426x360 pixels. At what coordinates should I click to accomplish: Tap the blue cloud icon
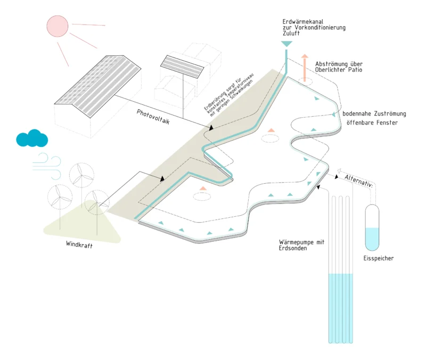32,138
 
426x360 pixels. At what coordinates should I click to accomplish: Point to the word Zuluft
292,33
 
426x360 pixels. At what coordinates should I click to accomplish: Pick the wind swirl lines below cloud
48,162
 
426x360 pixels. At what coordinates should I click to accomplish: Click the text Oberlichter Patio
339,70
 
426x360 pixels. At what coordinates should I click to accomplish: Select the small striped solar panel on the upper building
183,67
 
